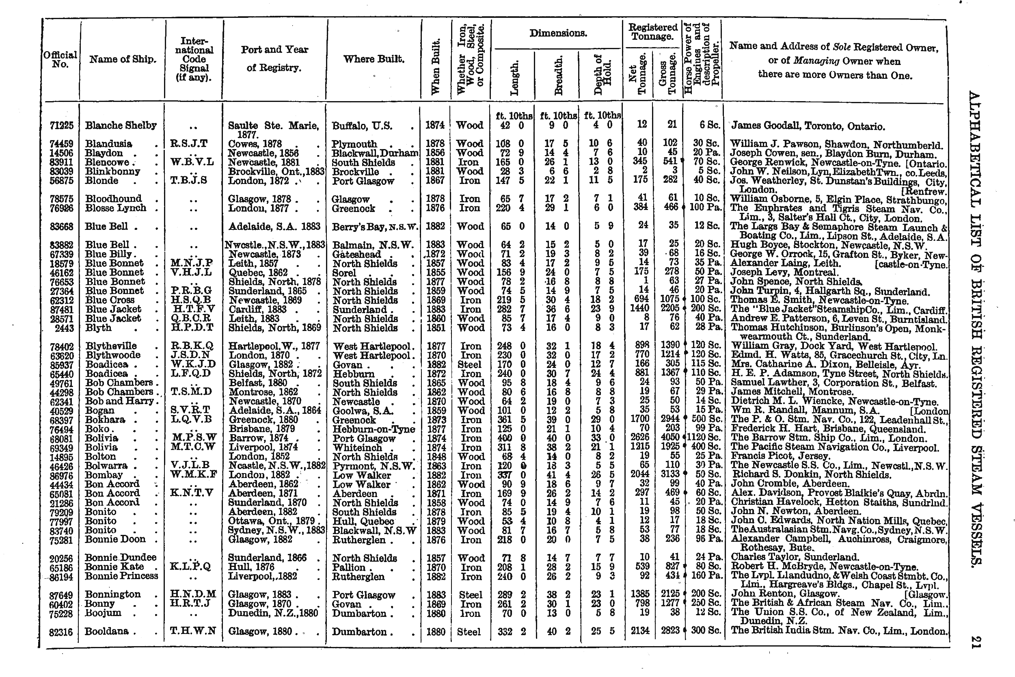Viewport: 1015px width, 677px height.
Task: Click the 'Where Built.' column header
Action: pyautogui.click(x=374, y=59)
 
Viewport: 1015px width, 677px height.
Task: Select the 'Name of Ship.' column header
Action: pyautogui.click(x=123, y=59)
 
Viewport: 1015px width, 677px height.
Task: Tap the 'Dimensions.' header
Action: pyautogui.click(x=558, y=33)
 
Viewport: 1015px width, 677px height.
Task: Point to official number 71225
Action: pyautogui.click(x=61, y=125)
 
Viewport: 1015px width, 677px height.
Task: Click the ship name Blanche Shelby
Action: pyautogui.click(x=121, y=125)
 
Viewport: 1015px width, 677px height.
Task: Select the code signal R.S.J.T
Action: pyautogui.click(x=189, y=144)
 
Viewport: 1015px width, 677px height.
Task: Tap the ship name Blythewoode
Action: pyautogui.click(x=112, y=355)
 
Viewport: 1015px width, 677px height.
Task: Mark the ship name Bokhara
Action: pyautogui.click(x=105, y=420)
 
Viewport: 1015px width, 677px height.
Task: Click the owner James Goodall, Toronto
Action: pyautogui.click(x=807, y=126)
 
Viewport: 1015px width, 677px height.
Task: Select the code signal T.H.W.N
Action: pyautogui.click(x=192, y=631)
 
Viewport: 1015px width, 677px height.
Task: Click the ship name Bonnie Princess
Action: pyautogui.click(x=121, y=576)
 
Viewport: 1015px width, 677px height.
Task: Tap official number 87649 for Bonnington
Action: pyautogui.click(x=61, y=595)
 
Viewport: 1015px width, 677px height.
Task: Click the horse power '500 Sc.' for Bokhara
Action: pyautogui.click(x=704, y=420)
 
